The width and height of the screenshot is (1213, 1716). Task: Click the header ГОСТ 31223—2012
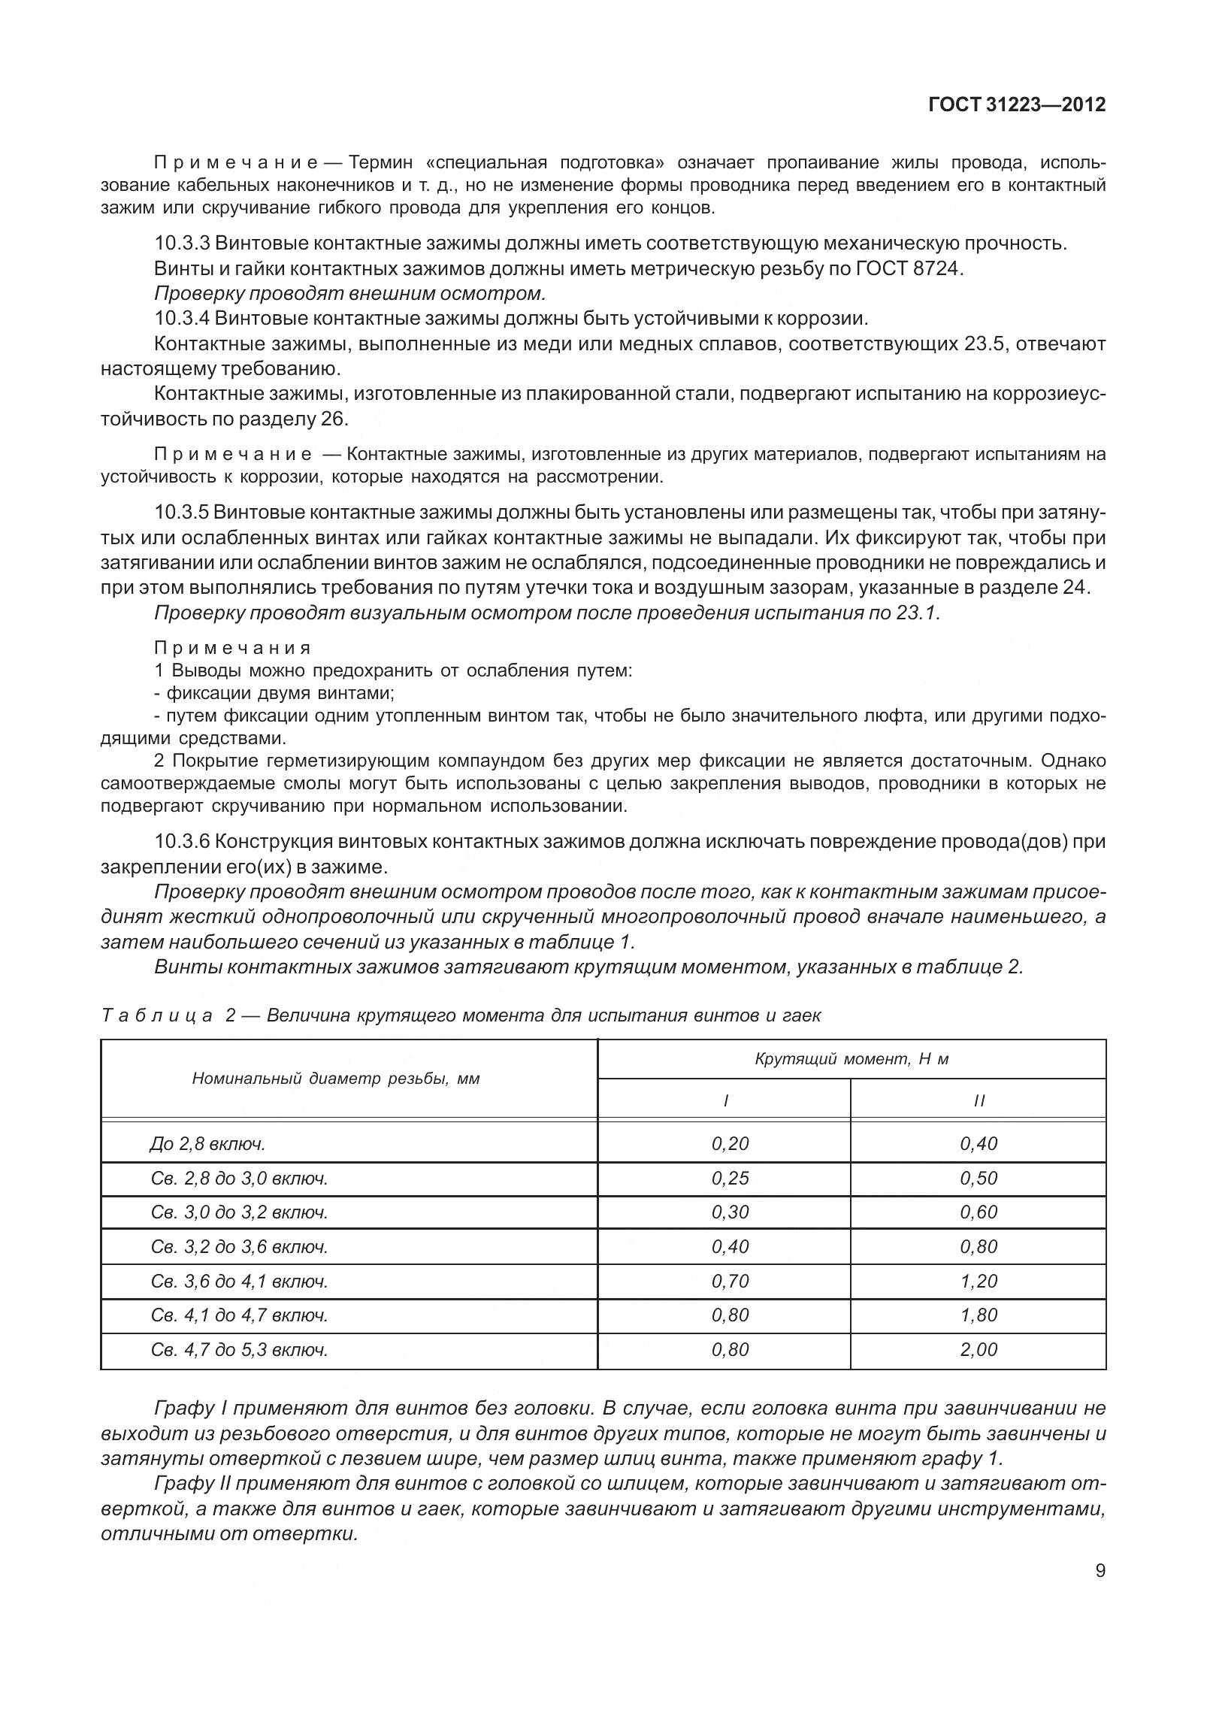coord(1017,104)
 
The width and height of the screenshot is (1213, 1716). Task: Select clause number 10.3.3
coord(182,244)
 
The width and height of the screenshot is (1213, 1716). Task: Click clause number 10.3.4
coord(182,318)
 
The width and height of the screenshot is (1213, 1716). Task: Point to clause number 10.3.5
coord(182,513)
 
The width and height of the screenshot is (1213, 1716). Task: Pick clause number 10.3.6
coord(182,841)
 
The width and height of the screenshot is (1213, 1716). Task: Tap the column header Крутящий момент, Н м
coord(851,1059)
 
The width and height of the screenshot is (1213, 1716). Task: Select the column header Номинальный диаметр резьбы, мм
coord(336,1079)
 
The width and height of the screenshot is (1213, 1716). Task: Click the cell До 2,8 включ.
coord(207,1144)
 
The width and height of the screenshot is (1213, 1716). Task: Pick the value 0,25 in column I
coord(730,1178)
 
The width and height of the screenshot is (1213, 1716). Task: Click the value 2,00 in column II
coord(978,1349)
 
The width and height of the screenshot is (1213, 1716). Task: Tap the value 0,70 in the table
coord(730,1281)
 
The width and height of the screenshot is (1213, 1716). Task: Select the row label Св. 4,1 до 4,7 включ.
coord(239,1315)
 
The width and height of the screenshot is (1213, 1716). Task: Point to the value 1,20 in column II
coord(978,1281)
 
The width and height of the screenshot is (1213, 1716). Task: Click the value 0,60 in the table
coord(978,1212)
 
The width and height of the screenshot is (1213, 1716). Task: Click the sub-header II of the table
coord(978,1100)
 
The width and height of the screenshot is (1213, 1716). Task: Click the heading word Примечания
coord(232,648)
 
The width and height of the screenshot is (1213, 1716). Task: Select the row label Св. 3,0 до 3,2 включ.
coord(239,1212)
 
